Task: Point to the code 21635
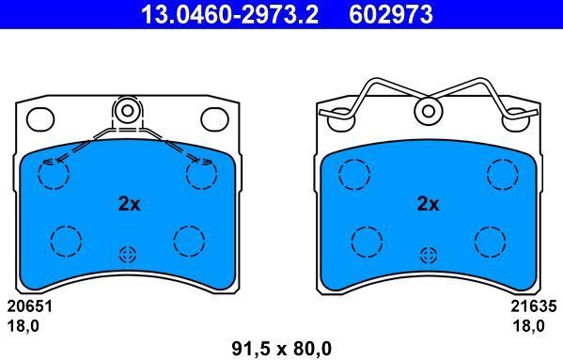tap(533, 305)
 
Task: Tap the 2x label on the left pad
tap(130, 203)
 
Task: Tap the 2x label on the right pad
tap(428, 203)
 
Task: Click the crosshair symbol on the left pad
tap(128, 255)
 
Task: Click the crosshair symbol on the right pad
tap(429, 255)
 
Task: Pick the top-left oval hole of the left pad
tap(39, 118)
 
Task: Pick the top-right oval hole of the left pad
tap(215, 118)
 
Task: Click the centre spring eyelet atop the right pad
tap(429, 111)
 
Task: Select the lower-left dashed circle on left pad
tap(64, 241)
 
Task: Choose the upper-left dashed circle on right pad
tap(354, 173)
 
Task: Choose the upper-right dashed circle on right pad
tap(501, 173)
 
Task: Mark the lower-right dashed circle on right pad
tap(491, 241)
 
